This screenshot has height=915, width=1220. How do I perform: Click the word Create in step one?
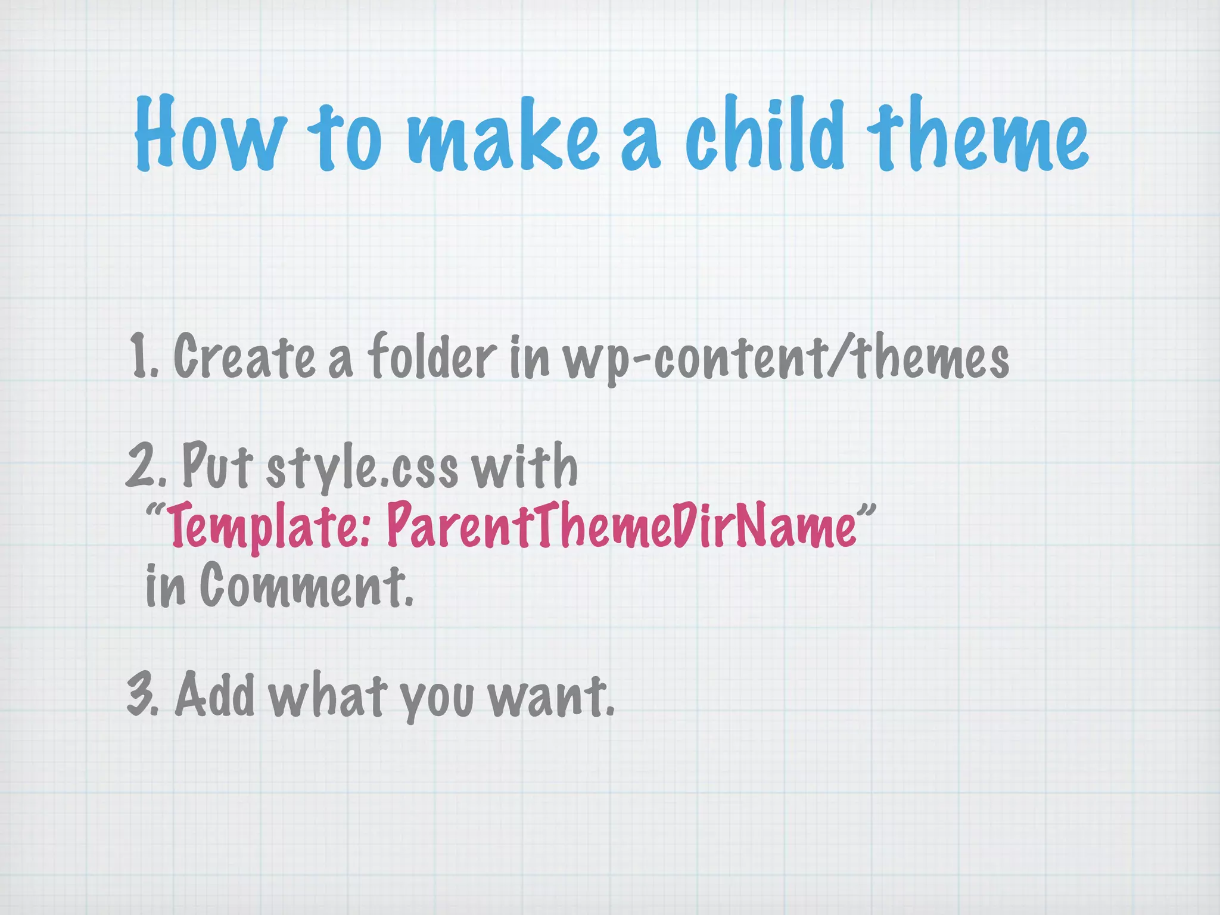click(245, 356)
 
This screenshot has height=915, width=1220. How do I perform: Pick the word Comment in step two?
click(305, 587)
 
